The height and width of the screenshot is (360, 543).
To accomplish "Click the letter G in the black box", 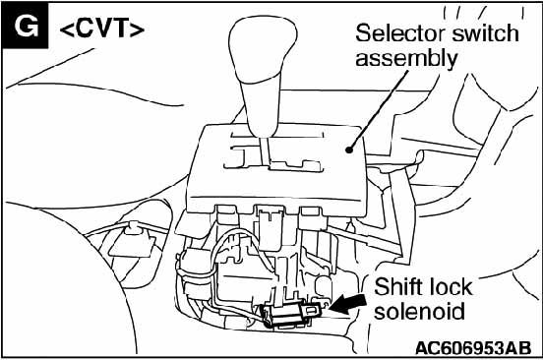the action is pyautogui.click(x=27, y=27).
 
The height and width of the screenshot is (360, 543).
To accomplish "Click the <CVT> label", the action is pyautogui.click(x=102, y=29).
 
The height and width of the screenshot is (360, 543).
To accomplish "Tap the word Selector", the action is pyautogui.click(x=400, y=33).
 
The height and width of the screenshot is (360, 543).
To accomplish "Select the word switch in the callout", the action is pyautogui.click(x=485, y=33).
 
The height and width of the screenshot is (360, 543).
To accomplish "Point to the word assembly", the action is pyautogui.click(x=406, y=59).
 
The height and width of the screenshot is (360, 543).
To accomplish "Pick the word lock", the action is pyautogui.click(x=450, y=286).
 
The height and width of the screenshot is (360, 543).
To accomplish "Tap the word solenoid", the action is pyautogui.click(x=419, y=311).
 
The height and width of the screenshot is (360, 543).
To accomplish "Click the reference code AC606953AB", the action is pyautogui.click(x=473, y=348).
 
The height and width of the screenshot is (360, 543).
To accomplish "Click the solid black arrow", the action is pyautogui.click(x=347, y=304).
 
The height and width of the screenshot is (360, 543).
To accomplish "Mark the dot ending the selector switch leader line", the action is pyautogui.click(x=349, y=150).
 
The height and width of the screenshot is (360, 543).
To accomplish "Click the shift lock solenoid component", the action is pyautogui.click(x=292, y=313).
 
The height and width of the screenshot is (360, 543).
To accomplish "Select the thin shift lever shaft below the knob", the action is pyautogui.click(x=266, y=152).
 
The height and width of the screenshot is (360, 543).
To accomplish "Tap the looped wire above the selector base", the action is pyautogui.click(x=236, y=247).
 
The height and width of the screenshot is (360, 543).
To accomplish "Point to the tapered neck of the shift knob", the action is pyautogui.click(x=261, y=105).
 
